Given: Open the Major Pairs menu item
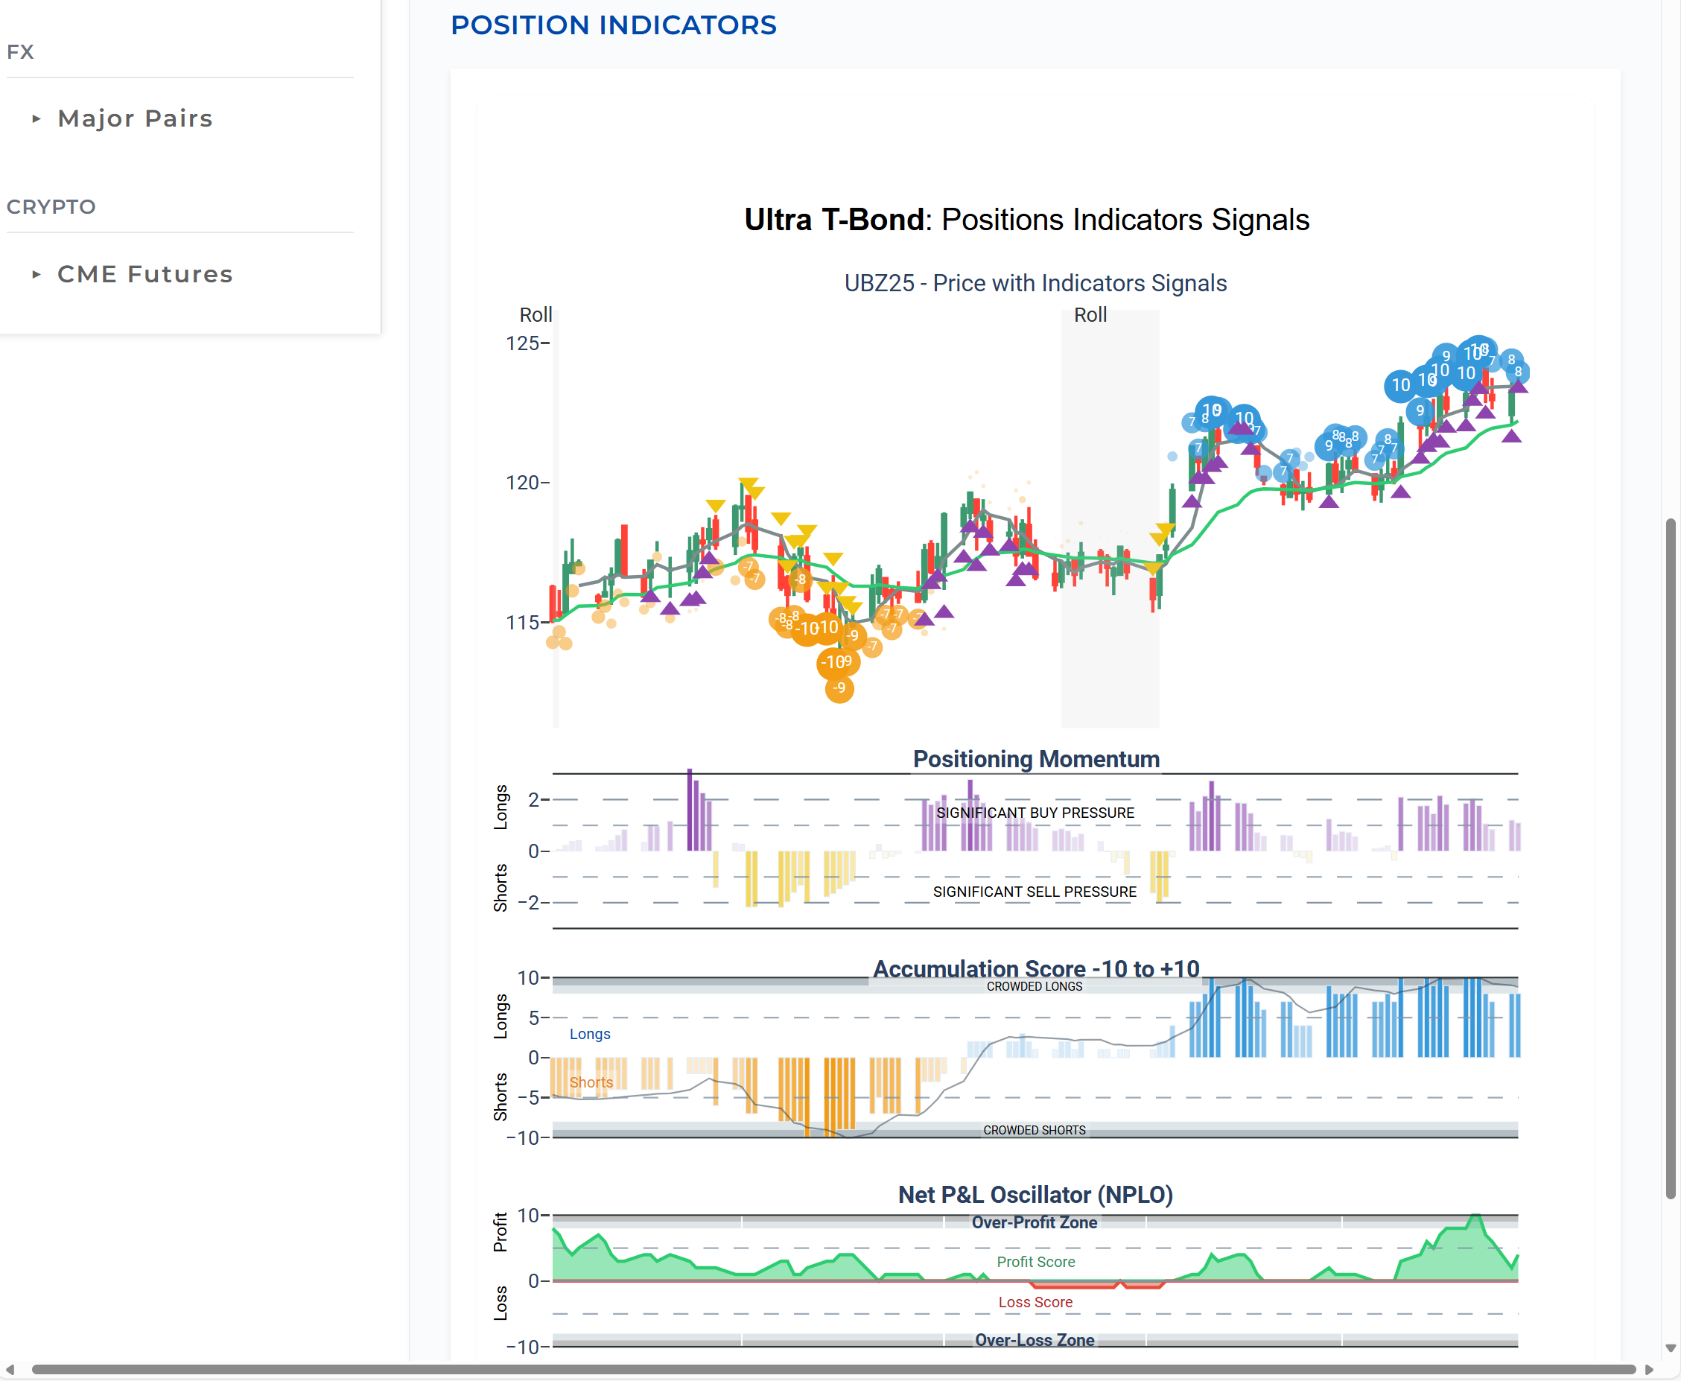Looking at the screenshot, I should click(x=135, y=118).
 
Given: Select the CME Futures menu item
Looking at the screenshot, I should click(x=144, y=274).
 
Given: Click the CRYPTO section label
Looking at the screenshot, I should click(x=51, y=207).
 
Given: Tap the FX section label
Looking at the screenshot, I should click(x=20, y=51).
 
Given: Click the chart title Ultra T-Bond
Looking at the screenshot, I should click(x=834, y=220).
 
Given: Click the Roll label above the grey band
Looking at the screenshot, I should click(x=1090, y=315).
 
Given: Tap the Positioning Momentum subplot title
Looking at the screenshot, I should click(x=1036, y=759).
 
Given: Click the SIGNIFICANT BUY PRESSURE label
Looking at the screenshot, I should click(x=1035, y=813).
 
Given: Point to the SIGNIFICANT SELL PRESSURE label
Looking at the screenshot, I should click(x=1035, y=892).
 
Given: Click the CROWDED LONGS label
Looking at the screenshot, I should click(x=1035, y=986).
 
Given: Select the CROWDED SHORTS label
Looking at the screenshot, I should click(x=1035, y=1131).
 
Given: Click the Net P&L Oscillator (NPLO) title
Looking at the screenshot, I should click(x=1035, y=1195).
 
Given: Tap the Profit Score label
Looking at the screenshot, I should click(x=1035, y=1262).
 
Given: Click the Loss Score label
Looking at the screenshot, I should click(x=1035, y=1302).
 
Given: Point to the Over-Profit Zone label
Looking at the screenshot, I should click(x=1035, y=1222).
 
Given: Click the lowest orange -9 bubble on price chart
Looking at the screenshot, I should click(x=839, y=688).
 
